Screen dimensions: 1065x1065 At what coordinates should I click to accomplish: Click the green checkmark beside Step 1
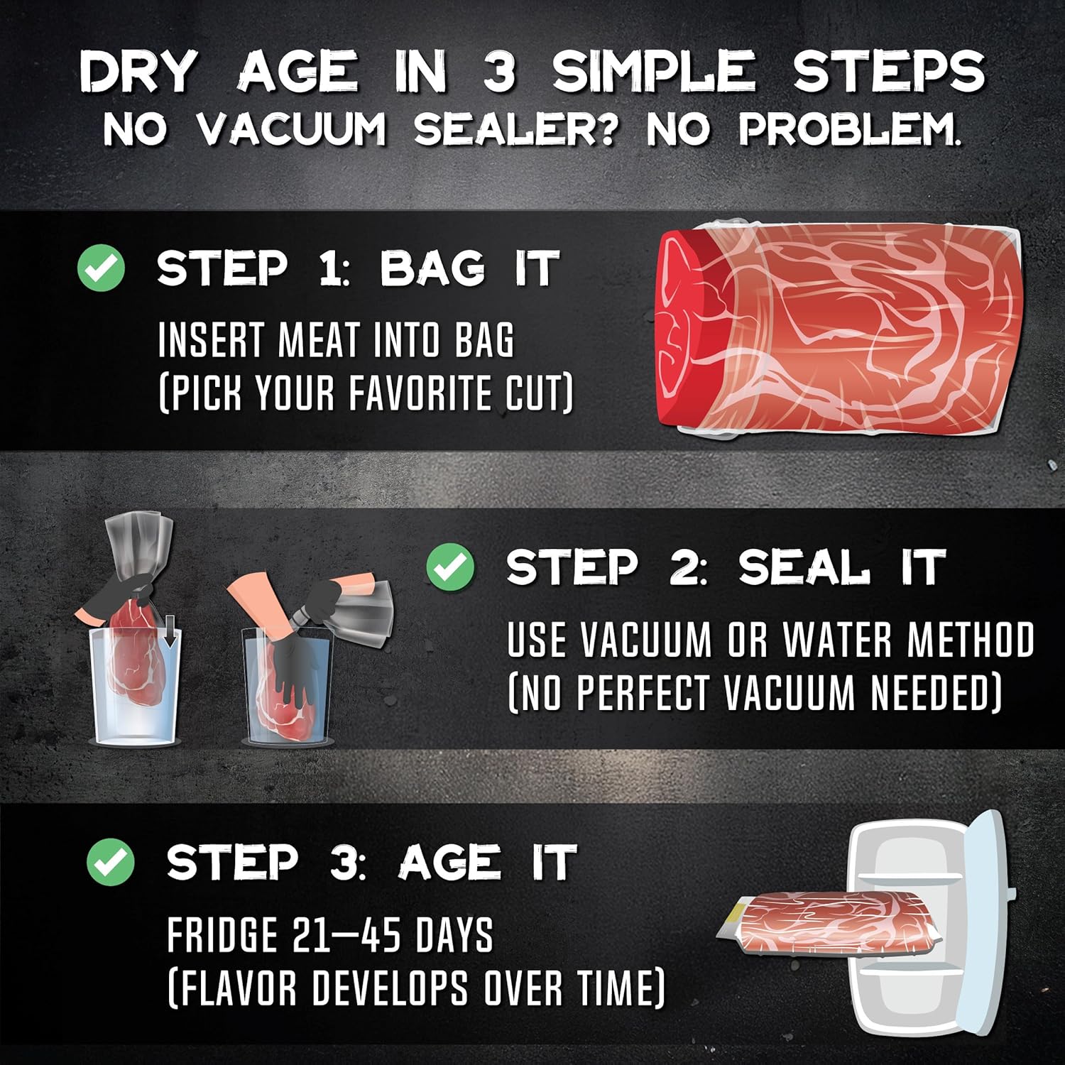pyautogui.click(x=101, y=268)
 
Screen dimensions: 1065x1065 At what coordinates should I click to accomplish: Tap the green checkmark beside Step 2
pyautogui.click(x=450, y=566)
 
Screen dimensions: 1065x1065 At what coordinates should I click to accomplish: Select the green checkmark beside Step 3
pyautogui.click(x=110, y=861)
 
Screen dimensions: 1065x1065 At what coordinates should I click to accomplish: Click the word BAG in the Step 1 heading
pyautogui.click(x=432, y=268)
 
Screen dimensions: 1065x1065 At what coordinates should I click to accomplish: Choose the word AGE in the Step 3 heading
pyautogui.click(x=451, y=862)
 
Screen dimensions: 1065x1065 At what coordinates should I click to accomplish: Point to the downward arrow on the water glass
pyautogui.click(x=169, y=635)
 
